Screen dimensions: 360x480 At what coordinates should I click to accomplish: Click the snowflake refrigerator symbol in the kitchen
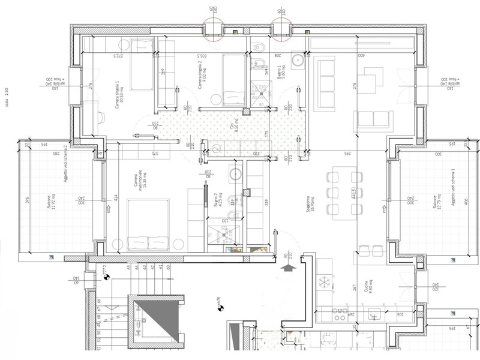coord(327,281)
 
